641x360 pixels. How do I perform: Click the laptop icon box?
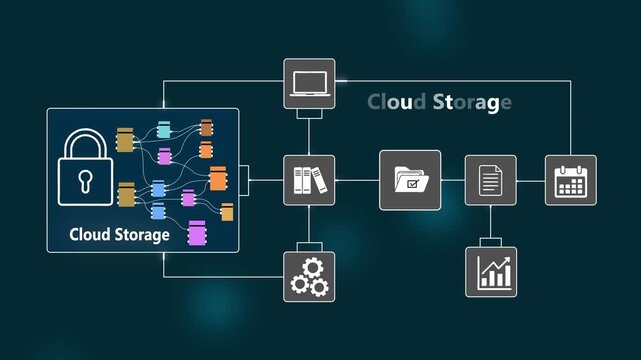309,83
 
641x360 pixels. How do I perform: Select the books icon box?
309,180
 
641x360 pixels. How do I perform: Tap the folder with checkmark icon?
410,180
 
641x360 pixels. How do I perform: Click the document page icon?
490,180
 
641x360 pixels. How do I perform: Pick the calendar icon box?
570,180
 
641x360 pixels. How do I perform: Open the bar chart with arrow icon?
490,271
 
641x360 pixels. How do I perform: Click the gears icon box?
309,276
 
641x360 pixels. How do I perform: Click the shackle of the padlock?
86,140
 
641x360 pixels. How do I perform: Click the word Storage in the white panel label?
141,236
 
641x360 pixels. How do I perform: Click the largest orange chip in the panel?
217,179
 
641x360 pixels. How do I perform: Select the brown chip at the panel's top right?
206,127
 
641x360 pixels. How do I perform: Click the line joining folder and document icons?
453,180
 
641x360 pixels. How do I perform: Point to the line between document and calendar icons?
531,180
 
